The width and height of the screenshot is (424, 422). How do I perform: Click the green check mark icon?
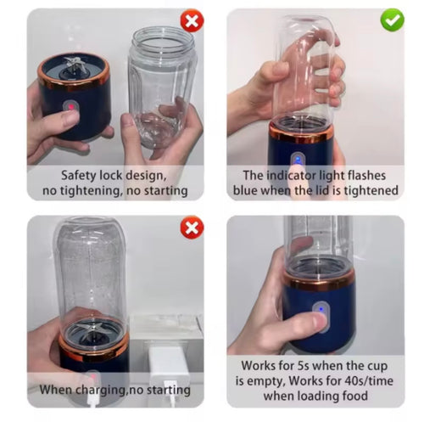click(x=392, y=20)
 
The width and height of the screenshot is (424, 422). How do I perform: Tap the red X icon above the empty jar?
click(x=192, y=20)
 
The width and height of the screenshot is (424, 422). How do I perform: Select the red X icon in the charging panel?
click(x=192, y=228)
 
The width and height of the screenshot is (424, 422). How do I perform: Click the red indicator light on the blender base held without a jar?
click(x=71, y=107)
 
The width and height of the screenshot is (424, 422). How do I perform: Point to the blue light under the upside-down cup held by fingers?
click(x=298, y=160)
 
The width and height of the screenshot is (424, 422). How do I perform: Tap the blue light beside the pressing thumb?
click(x=321, y=309)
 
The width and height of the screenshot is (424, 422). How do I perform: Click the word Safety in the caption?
click(x=79, y=176)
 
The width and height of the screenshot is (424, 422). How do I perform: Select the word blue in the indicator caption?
click(x=245, y=190)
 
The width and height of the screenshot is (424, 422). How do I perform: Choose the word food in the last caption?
click(x=355, y=396)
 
